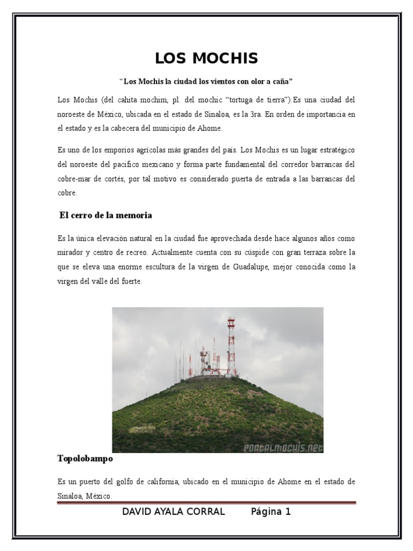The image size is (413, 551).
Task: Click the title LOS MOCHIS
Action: click(x=206, y=58)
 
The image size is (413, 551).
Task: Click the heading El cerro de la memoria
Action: click(x=105, y=215)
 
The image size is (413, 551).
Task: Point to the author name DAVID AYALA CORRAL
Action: click(x=174, y=512)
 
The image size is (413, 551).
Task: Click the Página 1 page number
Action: click(x=270, y=512)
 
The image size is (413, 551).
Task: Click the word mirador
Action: click(x=70, y=252)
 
